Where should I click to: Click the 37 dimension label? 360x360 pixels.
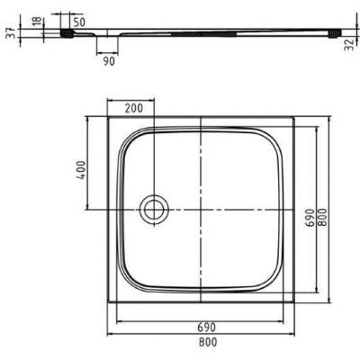point(8,34)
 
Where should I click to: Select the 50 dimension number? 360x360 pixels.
point(78,20)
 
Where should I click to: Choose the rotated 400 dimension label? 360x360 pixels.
point(80,168)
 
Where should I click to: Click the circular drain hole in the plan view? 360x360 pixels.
point(152,210)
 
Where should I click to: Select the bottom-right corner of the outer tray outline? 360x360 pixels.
point(298,307)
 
